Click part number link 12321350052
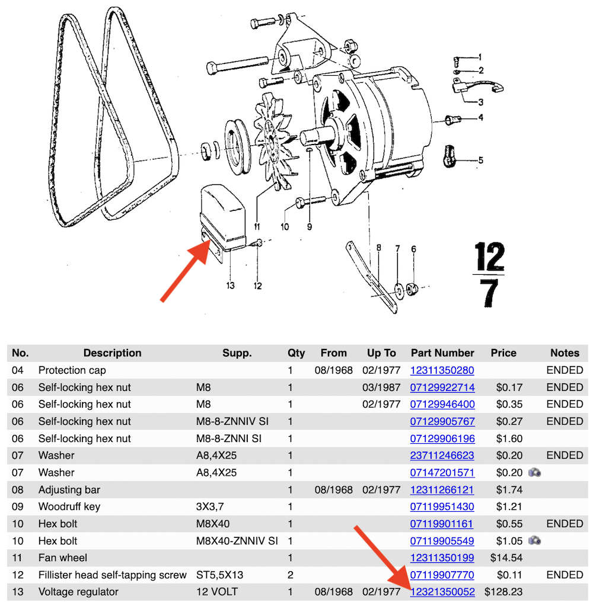pyautogui.click(x=442, y=592)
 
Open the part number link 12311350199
pyautogui.click(x=442, y=557)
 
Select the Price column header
pyautogui.click(x=503, y=353)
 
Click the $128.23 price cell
pyautogui.click(x=503, y=592)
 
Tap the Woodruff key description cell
pyautogui.click(x=69, y=507)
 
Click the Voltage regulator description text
pyautogui.click(x=78, y=592)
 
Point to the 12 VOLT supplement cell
pyautogui.click(x=218, y=592)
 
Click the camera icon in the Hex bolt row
pyautogui.click(x=534, y=540)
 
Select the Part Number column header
pyautogui.click(x=442, y=353)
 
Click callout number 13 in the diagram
pyautogui.click(x=230, y=286)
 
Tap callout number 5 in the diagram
pyautogui.click(x=480, y=160)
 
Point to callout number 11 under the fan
pyautogui.click(x=257, y=226)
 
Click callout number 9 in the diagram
pyautogui.click(x=309, y=226)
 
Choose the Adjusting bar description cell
pyautogui.click(x=69, y=490)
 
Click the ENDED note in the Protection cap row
pyautogui.click(x=565, y=370)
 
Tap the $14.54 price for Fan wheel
pyautogui.click(x=503, y=557)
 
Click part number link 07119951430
pyautogui.click(x=442, y=507)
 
